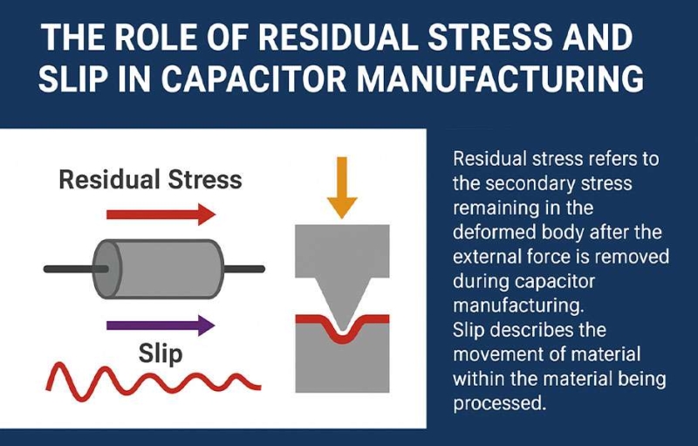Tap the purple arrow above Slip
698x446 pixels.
160,326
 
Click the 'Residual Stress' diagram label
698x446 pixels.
149,181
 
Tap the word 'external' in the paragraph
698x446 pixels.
490,257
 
